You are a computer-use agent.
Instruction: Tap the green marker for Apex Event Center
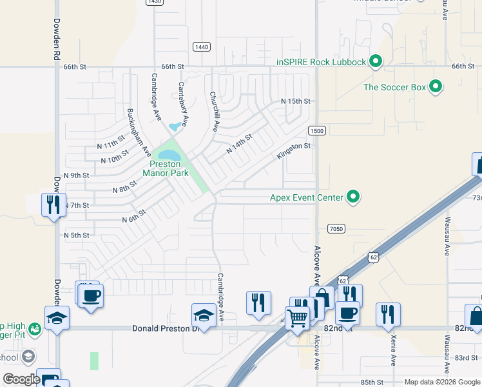[353, 197]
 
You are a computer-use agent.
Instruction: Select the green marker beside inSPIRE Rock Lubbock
[376, 62]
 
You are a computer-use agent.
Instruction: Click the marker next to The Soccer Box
[436, 86]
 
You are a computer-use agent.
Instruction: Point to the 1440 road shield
[202, 46]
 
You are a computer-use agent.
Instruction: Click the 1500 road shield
[316, 130]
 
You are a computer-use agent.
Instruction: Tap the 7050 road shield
[336, 228]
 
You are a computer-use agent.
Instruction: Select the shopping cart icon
[296, 317]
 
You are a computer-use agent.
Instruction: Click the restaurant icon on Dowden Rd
[52, 205]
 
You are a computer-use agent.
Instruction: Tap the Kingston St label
[294, 152]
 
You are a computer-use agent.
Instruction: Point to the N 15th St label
[295, 102]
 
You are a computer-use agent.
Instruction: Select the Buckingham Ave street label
[139, 133]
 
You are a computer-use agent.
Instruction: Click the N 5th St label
[76, 235]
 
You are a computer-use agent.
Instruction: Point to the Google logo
[21, 379]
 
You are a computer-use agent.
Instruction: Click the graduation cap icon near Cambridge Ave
[204, 315]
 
